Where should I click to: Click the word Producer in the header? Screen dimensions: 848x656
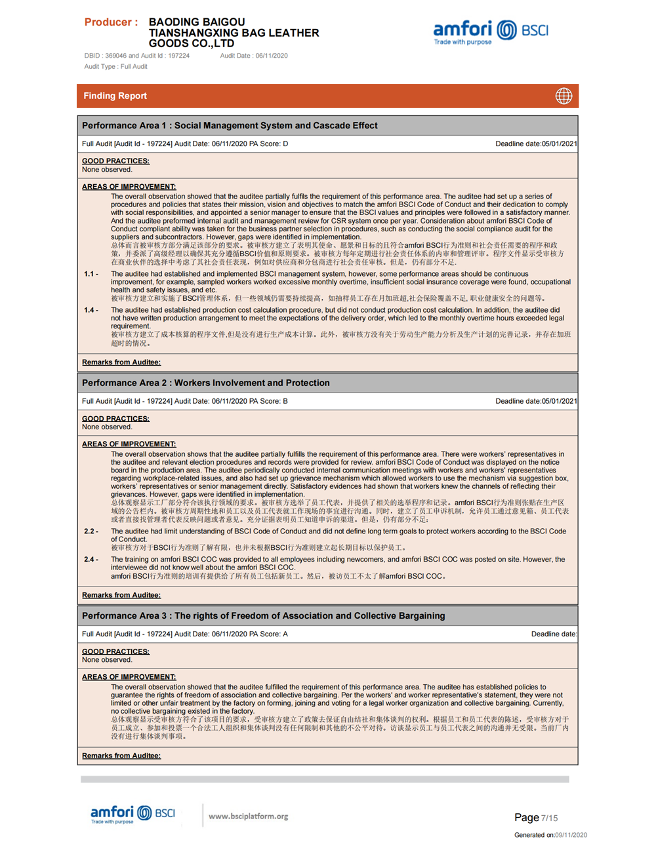(108, 22)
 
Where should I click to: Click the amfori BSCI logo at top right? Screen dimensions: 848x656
(490, 31)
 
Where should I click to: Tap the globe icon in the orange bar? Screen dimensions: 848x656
(564, 96)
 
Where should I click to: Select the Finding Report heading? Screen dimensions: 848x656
(115, 96)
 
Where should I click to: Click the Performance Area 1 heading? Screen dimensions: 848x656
(230, 126)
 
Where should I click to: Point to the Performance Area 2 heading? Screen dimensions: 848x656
(205, 383)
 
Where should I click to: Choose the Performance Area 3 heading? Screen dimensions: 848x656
(263, 616)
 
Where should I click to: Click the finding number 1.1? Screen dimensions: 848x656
(91, 274)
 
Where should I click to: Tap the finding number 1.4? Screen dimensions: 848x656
(91, 310)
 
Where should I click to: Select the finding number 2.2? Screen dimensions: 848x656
(91, 531)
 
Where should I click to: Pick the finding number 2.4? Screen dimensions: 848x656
(91, 560)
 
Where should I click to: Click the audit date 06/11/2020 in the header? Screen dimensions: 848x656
(272, 56)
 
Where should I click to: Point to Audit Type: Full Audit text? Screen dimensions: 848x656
(115, 66)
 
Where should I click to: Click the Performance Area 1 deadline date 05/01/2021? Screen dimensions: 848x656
(559, 144)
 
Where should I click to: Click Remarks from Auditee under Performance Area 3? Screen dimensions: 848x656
(121, 756)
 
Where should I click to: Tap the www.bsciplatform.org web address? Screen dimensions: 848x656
(248, 817)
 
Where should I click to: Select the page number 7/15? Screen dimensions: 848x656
(549, 818)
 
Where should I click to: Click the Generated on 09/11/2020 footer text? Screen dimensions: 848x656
(550, 835)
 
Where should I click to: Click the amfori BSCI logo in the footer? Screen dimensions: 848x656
(133, 815)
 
